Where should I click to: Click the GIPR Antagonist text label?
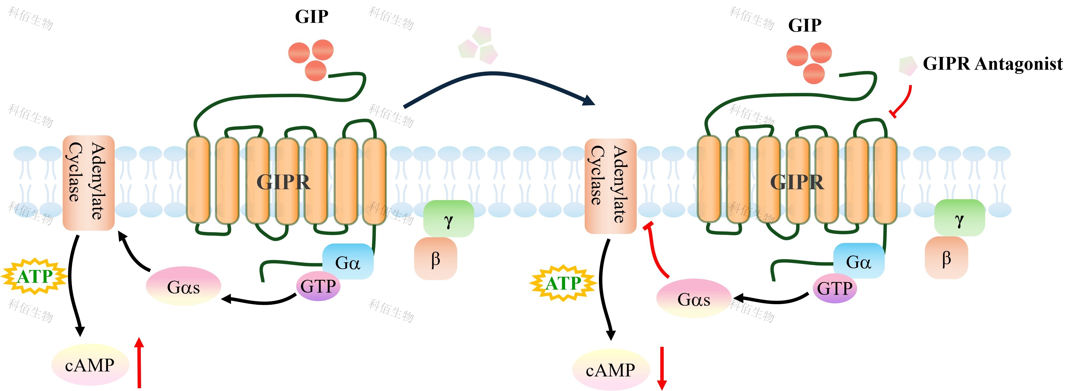(993, 64)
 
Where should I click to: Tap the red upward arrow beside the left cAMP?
(139, 362)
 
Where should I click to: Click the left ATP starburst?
(34, 276)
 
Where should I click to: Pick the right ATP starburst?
(563, 283)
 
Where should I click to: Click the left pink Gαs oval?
(184, 286)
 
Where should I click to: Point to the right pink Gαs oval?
(694, 299)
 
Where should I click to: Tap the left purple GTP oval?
(318, 286)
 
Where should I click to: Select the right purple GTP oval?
(834, 288)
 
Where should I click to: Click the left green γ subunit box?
(449, 219)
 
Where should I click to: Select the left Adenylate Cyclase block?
(88, 183)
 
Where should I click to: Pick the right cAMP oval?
(611, 370)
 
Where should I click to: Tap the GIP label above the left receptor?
(311, 17)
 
